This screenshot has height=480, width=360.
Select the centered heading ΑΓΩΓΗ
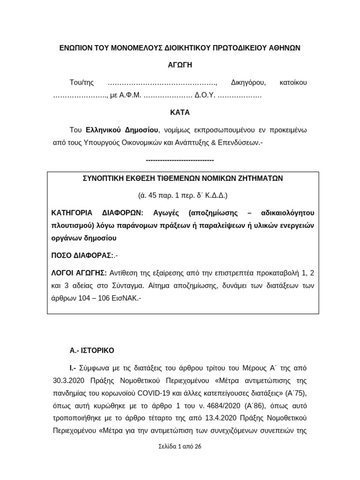180,65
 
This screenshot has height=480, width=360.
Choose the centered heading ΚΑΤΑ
180,113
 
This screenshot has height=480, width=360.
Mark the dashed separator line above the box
180,160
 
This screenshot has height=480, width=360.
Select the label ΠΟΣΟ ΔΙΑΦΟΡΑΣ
82,255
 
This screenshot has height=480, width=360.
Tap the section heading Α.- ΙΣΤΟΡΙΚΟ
91,350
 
